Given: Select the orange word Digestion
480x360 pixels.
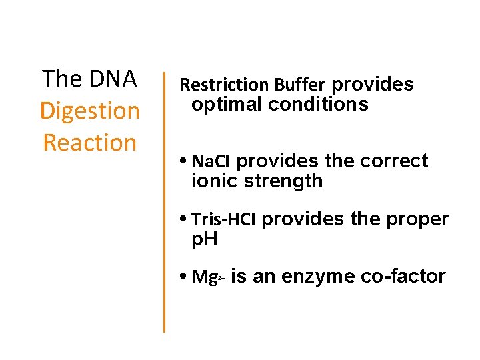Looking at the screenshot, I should (90, 111).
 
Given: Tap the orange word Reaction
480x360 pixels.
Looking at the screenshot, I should (90, 143).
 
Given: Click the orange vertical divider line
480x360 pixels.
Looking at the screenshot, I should (164, 200).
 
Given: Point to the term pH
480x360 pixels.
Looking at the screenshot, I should (205, 239).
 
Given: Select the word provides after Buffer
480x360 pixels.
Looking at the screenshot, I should (372, 85).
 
